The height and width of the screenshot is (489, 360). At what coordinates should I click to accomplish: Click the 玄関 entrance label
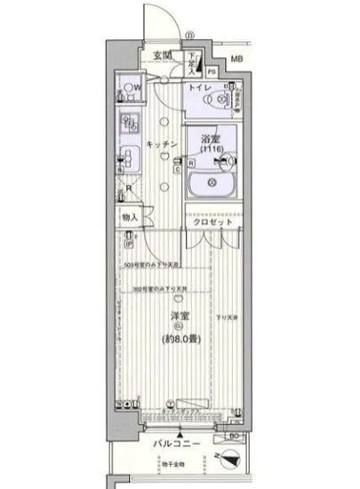coord(162,57)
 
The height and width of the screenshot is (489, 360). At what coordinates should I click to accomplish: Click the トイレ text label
coord(196,89)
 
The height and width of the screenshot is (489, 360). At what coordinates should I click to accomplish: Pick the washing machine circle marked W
coord(131,88)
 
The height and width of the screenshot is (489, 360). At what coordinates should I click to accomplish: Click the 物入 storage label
coord(130,217)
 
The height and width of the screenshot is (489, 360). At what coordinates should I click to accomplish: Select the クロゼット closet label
coord(212,222)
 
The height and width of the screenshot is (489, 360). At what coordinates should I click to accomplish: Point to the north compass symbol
coord(228,463)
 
